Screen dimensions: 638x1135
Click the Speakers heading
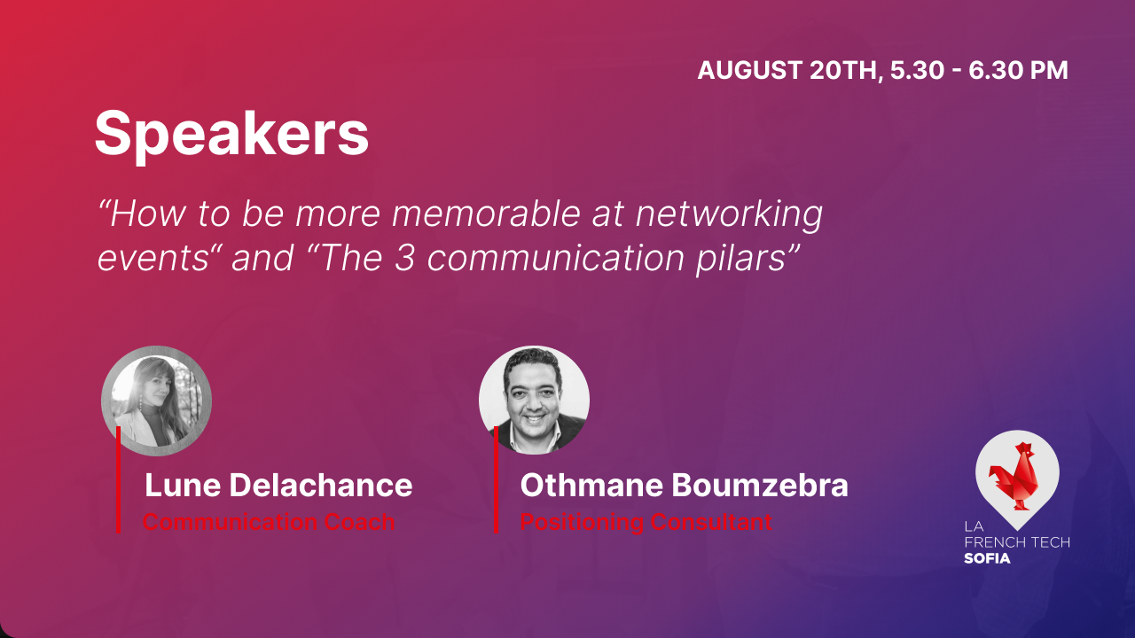point(231,134)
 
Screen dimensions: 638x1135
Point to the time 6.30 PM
point(1018,71)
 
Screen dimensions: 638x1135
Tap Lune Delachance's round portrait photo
point(156,401)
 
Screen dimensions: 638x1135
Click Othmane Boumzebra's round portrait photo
point(534,401)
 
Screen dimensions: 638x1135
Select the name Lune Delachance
point(278,485)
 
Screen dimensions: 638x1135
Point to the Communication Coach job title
point(269,521)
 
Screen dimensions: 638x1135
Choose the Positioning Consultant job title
point(646,521)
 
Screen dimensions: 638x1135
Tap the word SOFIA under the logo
point(987,558)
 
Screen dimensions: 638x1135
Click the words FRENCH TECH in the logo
point(1016,542)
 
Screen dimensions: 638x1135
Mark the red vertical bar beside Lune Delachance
point(118,479)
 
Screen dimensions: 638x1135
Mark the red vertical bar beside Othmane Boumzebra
point(496,479)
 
